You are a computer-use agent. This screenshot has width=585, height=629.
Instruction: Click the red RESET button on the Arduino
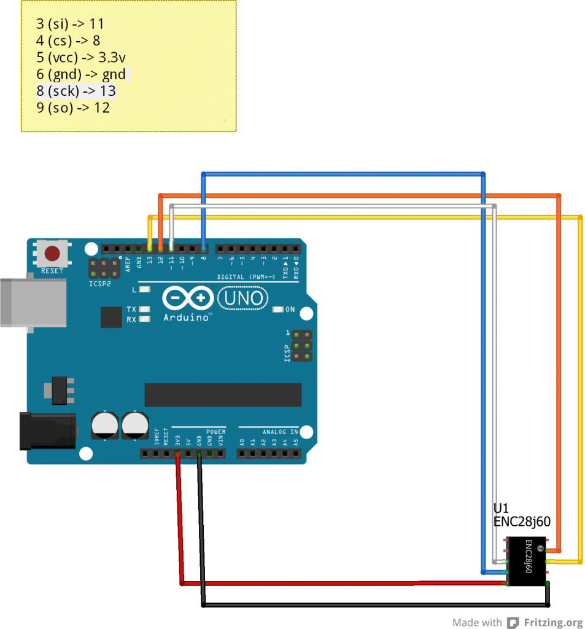point(52,253)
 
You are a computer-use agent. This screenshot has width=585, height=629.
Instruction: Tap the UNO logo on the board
point(244,299)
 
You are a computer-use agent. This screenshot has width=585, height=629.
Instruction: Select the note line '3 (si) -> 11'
point(70,24)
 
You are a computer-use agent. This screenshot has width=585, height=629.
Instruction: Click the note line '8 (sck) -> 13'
point(76,91)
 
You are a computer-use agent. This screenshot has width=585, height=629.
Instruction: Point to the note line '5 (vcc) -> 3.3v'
point(81,58)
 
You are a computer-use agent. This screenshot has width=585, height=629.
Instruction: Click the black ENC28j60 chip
point(526,561)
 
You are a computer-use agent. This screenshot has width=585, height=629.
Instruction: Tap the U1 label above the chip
point(501,509)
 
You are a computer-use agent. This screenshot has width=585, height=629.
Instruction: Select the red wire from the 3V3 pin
point(180,522)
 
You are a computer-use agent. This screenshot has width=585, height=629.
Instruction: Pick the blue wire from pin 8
point(344,174)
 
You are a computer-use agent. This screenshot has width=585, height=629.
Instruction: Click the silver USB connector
point(34,303)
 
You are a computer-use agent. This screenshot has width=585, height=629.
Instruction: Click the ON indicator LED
point(278,309)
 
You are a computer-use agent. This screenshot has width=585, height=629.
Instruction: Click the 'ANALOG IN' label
point(280,432)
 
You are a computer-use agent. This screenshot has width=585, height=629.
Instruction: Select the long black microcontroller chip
point(223,395)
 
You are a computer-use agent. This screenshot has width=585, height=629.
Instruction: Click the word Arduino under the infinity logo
point(187,318)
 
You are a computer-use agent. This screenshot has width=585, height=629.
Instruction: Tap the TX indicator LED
point(145,309)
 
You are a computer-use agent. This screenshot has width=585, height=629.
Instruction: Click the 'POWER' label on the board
point(215,432)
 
